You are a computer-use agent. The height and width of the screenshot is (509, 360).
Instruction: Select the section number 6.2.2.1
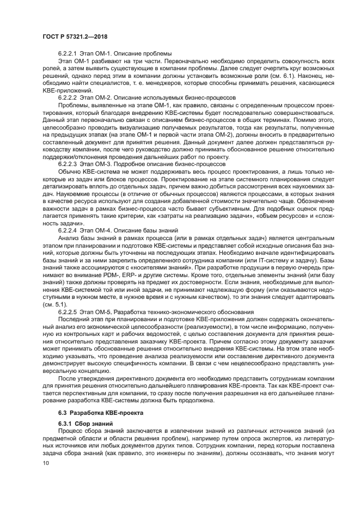tap(69, 53)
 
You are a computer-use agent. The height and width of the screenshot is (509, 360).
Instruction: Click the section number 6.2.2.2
tap(69, 97)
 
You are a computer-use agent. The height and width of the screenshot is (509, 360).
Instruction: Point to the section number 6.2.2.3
tap(69, 163)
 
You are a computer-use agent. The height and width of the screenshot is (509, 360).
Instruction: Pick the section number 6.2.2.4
tap(69, 230)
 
